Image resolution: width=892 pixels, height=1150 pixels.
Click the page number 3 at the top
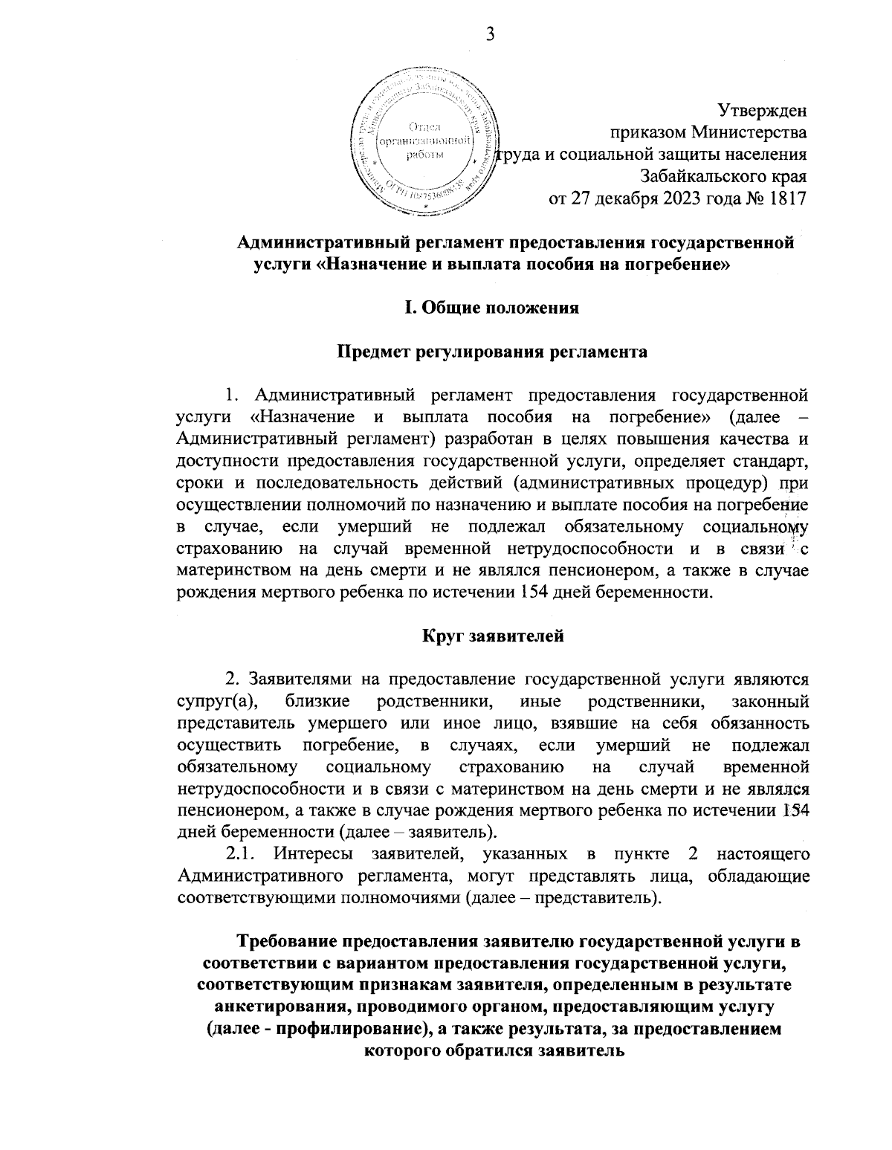[490, 34]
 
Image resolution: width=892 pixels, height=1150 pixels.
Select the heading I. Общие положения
[491, 308]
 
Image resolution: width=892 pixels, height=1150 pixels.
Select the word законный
[770, 701]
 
